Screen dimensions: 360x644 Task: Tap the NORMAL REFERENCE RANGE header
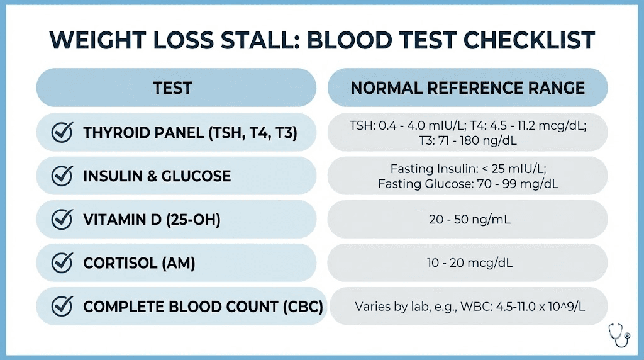point(467,87)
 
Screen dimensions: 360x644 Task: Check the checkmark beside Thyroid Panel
point(61,133)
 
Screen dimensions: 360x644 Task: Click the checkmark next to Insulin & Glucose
point(61,176)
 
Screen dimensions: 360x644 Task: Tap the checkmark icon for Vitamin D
point(61,219)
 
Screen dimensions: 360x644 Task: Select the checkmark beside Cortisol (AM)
point(61,262)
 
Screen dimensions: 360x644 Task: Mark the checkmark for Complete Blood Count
point(61,307)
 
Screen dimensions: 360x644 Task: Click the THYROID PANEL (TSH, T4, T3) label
point(190,133)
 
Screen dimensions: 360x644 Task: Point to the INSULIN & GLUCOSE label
point(157,176)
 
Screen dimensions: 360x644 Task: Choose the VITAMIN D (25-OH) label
point(152,219)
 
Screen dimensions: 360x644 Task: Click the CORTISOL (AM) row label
point(139,262)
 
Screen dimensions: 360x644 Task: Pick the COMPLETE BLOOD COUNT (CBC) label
point(203,307)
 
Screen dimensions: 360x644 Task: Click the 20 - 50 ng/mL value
point(468,219)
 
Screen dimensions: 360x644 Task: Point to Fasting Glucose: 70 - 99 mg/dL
point(468,184)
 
